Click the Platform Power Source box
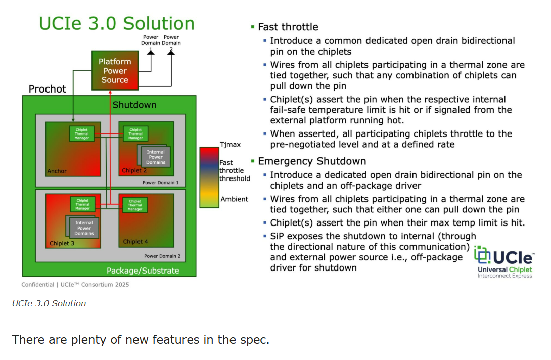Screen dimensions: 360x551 (115, 71)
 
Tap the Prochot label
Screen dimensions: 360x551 (47, 89)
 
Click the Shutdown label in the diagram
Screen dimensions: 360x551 (134, 105)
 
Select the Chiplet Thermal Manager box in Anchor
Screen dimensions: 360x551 (82, 134)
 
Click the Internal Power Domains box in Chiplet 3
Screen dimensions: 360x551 (84, 228)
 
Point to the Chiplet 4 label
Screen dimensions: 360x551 (135, 242)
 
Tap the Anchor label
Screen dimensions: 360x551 (57, 171)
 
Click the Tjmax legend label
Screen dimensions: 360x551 (230, 145)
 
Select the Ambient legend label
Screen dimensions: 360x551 (234, 199)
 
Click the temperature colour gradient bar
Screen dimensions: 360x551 (209, 177)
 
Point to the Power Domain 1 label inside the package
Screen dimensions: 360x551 (160, 183)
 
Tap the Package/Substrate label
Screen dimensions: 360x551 (143, 271)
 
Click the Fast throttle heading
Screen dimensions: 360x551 (288, 27)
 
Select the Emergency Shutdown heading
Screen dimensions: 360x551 (312, 161)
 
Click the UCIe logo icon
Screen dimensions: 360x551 (483, 255)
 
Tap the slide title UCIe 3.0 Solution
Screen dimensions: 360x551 (117, 24)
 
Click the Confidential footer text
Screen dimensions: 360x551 (75, 284)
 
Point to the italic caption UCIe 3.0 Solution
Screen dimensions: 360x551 (49, 303)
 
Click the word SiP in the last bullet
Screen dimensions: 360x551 (278, 236)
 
